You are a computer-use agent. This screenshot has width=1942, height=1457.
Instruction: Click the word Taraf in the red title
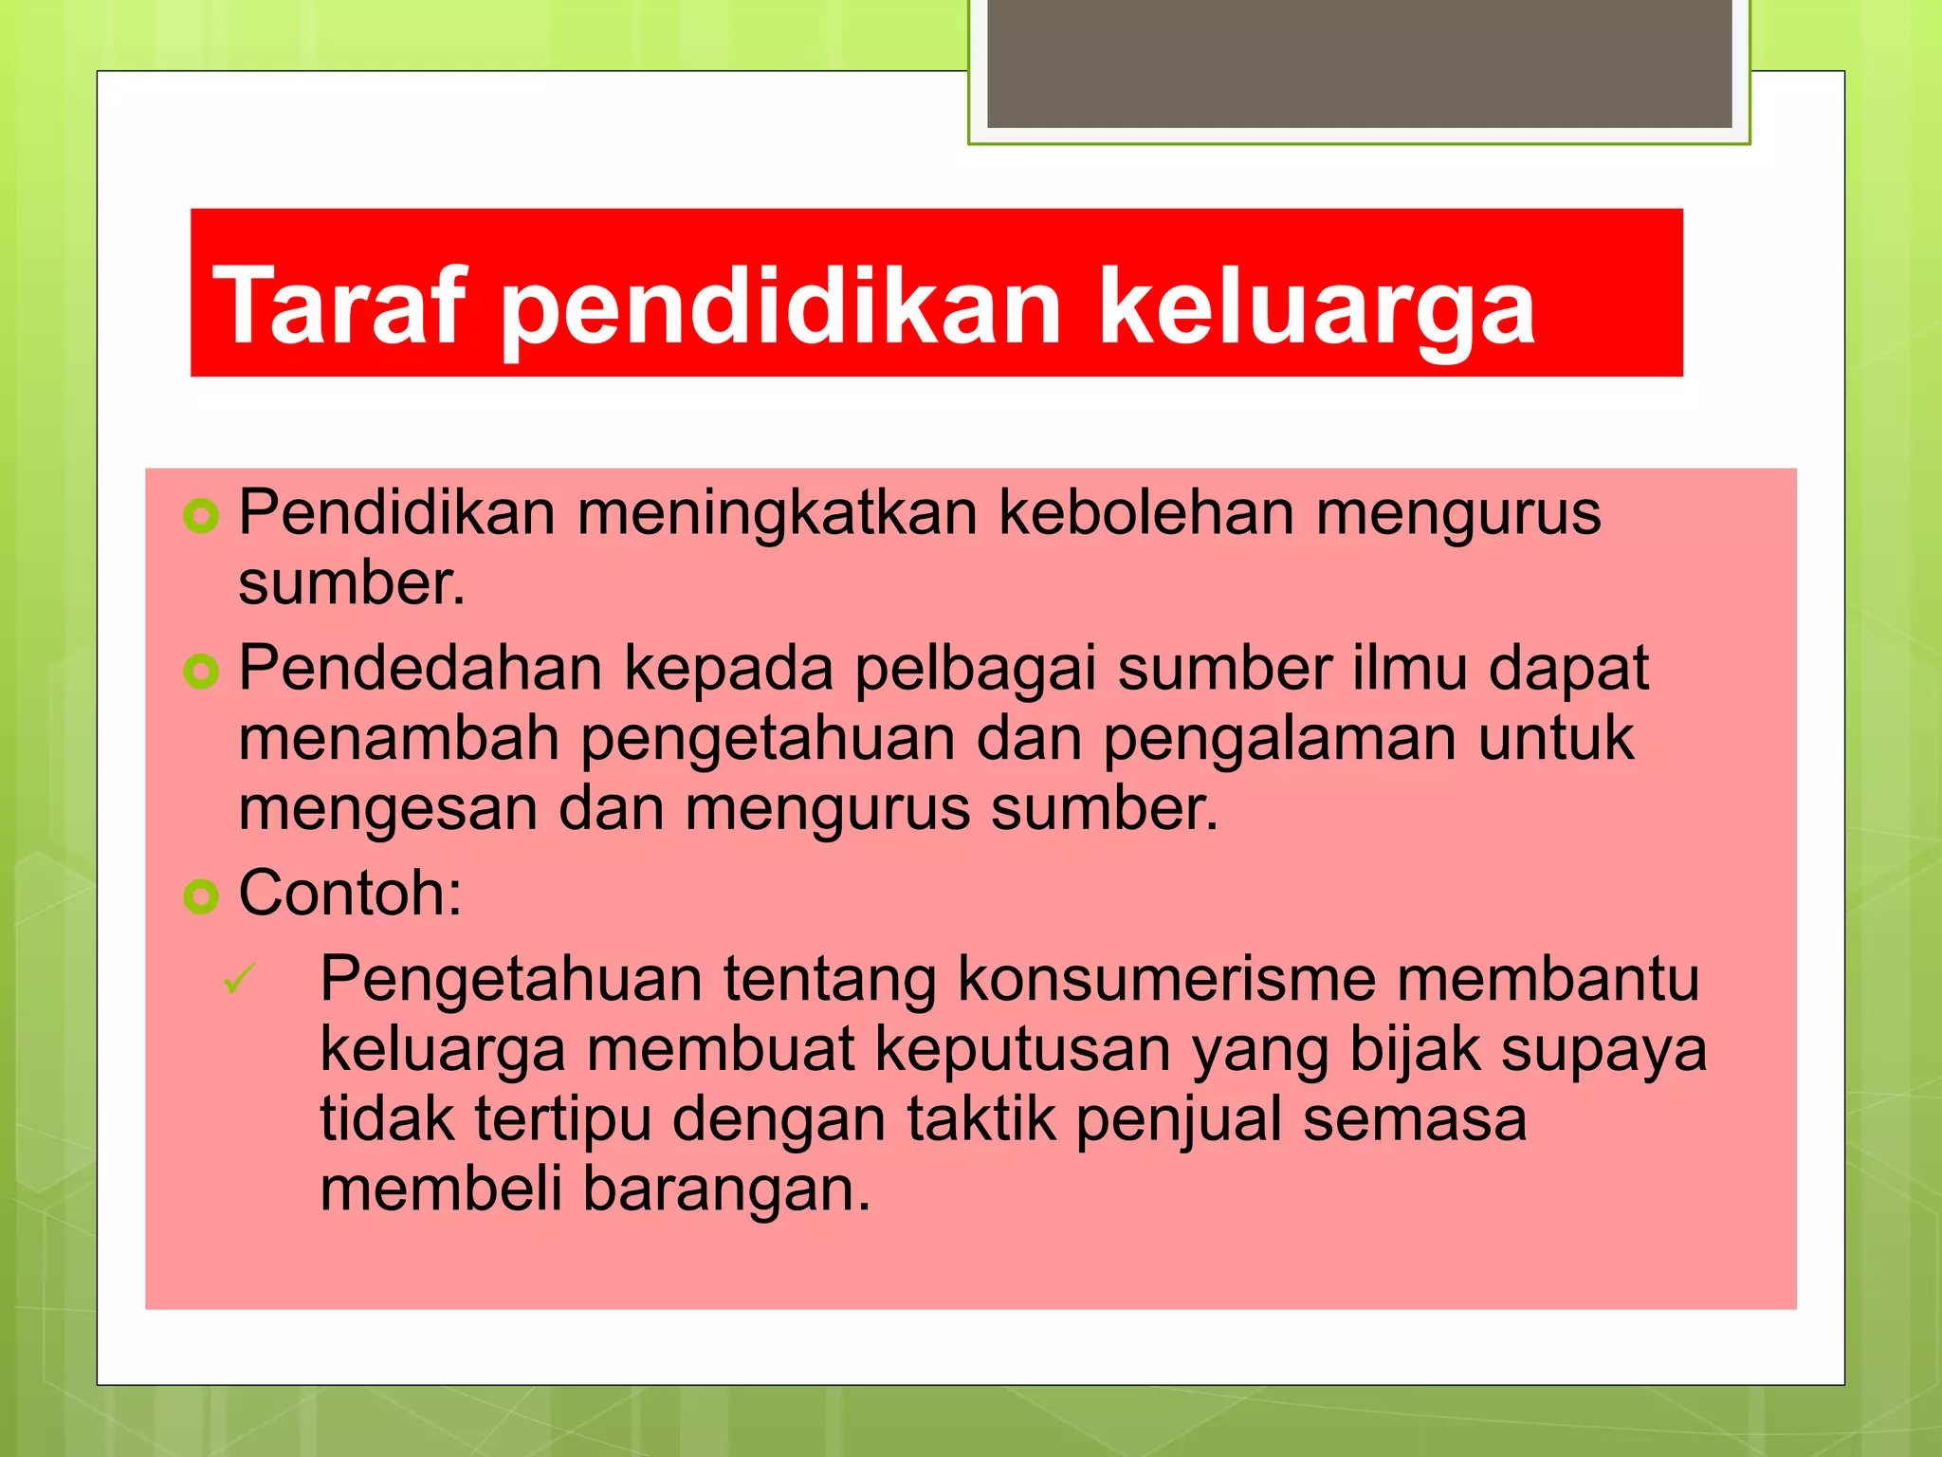click(339, 305)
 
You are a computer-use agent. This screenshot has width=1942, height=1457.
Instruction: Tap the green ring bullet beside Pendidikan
click(201, 517)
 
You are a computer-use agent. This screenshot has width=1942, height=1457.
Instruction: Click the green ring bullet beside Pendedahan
click(201, 672)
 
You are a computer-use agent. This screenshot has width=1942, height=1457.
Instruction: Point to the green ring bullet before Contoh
click(201, 896)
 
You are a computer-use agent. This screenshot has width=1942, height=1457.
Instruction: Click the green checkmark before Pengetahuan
click(239, 978)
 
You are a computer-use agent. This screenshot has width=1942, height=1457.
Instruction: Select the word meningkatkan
click(777, 513)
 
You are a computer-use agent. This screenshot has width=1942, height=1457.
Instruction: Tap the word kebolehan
click(1146, 513)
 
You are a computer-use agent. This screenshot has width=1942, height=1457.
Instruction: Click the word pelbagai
click(975, 669)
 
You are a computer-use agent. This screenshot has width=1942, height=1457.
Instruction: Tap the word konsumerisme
click(1165, 978)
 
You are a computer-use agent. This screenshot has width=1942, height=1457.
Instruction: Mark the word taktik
click(980, 1118)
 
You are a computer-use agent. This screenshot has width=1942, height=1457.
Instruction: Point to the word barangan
click(725, 1189)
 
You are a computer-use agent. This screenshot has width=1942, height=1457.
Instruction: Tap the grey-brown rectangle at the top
click(1359, 63)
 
